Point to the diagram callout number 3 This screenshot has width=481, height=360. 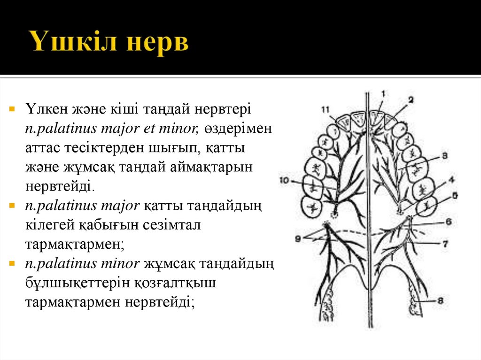444,155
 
